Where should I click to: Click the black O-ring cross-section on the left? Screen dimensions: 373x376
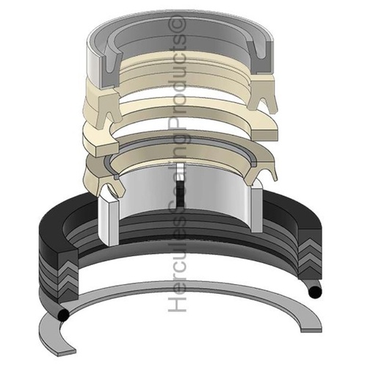pyautogui.click(x=63, y=314)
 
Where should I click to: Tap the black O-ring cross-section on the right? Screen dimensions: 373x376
pyautogui.click(x=315, y=292)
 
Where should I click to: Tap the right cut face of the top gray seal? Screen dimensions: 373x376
pyautogui.click(x=261, y=57)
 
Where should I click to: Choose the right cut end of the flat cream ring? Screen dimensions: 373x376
pyautogui.click(x=264, y=135)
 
